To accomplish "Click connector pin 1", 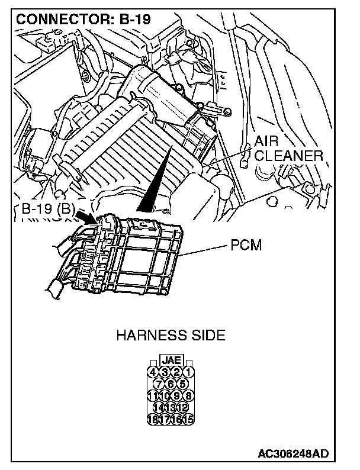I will coord(189,372).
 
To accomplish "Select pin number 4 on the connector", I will coord(153,372).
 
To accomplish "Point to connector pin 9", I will coord(177,396).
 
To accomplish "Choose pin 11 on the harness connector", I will coord(153,396).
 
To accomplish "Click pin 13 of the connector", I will coord(171,408).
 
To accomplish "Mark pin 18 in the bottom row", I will coord(153,420).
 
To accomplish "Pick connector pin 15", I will coord(189,420).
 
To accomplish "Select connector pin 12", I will coord(182,408).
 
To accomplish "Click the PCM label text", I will coord(246,245).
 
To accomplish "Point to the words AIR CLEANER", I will coord(288,149).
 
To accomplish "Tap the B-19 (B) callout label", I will coord(45,208).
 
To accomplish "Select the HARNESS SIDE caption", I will coord(171,336).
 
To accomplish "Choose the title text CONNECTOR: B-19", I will coord(83,18).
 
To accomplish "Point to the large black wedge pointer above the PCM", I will coord(153,184).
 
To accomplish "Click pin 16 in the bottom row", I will coord(177,420).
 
